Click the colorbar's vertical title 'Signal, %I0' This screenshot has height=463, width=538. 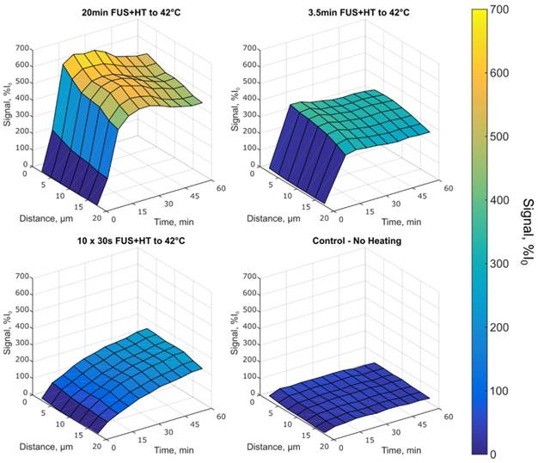[525, 231]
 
